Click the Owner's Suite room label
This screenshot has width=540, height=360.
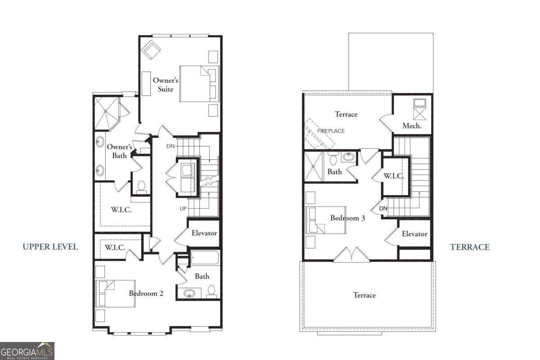coord(166,85)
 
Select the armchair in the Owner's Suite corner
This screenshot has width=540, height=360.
coord(150,49)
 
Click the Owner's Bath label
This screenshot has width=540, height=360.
coord(119,151)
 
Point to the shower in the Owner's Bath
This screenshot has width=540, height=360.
coord(107,113)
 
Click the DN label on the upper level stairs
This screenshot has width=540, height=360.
coord(171,146)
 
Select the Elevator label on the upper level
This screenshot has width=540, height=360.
coord(204,233)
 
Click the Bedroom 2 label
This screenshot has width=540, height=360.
coord(146,293)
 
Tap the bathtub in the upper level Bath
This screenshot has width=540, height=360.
coord(205,258)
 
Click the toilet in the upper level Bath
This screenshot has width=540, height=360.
coord(211,291)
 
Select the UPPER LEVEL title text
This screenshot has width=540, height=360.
coord(50,247)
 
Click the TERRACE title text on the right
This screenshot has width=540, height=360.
coord(470,247)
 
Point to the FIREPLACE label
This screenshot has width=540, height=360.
coord(331,131)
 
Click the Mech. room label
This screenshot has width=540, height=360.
coord(412,126)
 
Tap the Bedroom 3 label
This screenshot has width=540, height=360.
coord(347,218)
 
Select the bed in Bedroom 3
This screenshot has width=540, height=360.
coord(322,220)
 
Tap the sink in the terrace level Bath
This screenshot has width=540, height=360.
coord(348,157)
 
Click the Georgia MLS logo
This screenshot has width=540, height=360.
coord(27,351)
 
